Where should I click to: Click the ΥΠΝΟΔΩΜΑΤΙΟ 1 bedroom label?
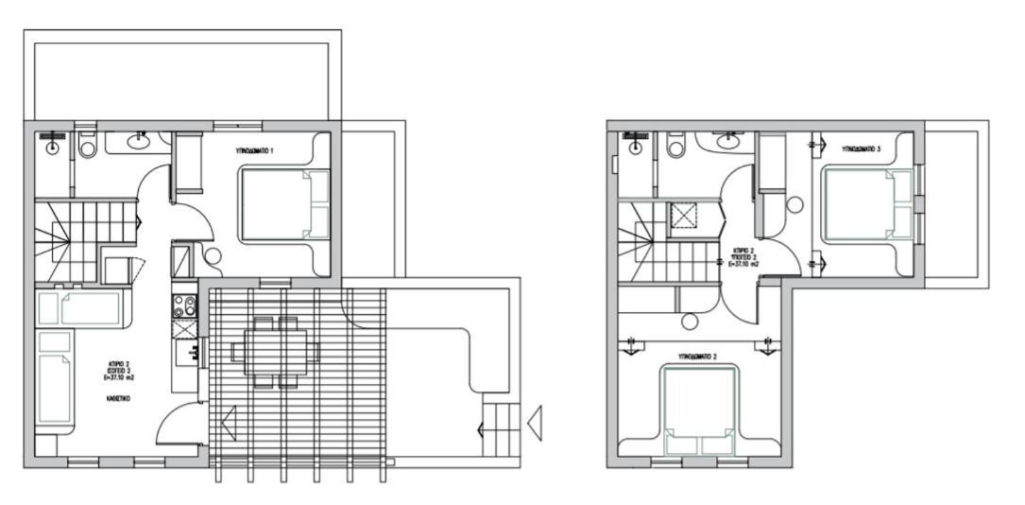pyautogui.click(x=255, y=150)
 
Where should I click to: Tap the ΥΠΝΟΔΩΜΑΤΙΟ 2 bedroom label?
pyautogui.click(x=700, y=357)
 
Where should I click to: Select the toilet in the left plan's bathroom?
pyautogui.click(x=89, y=146)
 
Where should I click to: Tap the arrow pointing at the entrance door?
pyautogui.click(x=228, y=423)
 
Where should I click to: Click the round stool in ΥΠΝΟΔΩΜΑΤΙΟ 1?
pyautogui.click(x=212, y=255)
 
